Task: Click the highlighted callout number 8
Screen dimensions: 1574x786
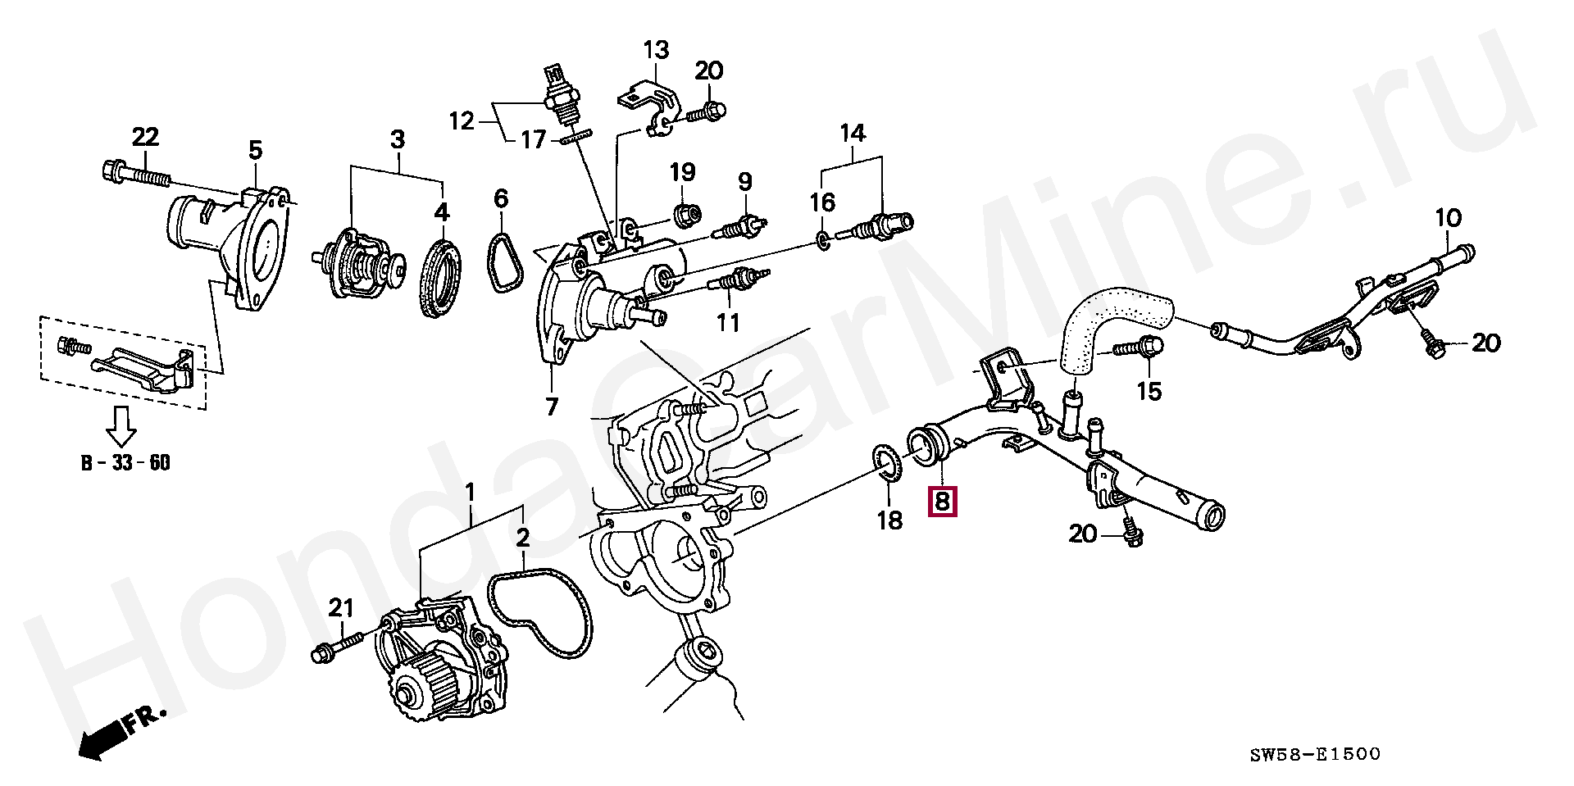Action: point(941,499)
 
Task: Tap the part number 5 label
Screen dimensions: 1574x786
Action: point(255,150)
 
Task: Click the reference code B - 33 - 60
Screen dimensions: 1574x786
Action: point(125,463)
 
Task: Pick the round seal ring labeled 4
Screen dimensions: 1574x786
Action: point(443,275)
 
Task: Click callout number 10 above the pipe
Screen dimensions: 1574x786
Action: point(1448,219)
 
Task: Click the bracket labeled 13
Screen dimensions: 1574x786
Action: point(651,102)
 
